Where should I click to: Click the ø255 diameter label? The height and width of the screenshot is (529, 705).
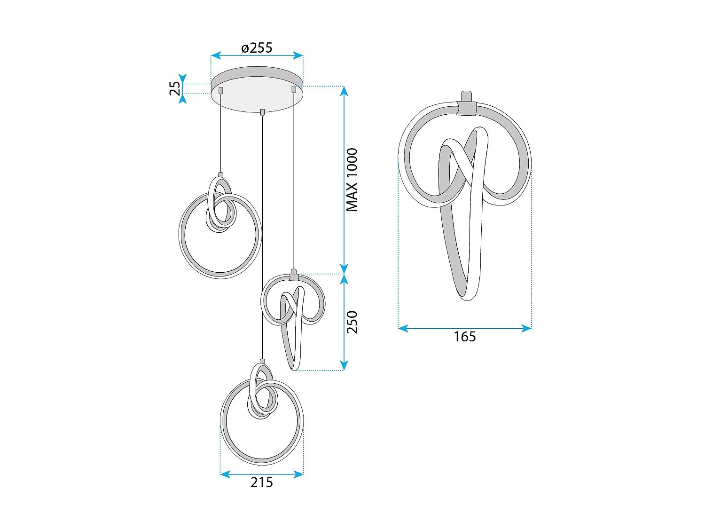[257, 47]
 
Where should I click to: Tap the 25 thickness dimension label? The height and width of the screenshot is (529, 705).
[175, 88]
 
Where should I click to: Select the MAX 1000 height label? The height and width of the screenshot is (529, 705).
[352, 180]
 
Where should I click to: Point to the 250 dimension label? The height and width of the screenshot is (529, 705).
[352, 322]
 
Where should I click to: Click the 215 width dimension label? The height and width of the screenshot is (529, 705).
[261, 482]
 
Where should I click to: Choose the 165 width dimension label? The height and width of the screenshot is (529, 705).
[464, 337]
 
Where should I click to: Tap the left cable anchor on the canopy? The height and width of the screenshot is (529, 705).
[220, 89]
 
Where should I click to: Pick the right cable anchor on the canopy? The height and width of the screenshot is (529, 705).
[294, 88]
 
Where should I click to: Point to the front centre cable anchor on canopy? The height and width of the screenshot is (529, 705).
[262, 112]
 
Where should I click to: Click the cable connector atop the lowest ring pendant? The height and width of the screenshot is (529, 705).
[262, 362]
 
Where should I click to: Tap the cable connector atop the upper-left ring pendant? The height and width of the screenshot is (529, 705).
[220, 174]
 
